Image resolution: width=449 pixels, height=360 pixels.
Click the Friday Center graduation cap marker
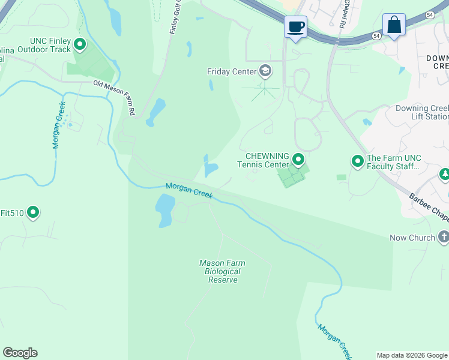pyautogui.click(x=265, y=71)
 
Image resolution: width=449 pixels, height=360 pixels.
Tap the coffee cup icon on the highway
pyautogui.click(x=295, y=27)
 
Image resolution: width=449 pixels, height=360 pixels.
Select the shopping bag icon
pyautogui.click(x=394, y=25)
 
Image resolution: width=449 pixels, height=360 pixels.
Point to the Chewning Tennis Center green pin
pyautogui.click(x=298, y=160)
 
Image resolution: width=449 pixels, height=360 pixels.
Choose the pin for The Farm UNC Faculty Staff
pyautogui.click(x=358, y=161)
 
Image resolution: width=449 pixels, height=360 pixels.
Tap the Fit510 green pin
pyautogui.click(x=34, y=212)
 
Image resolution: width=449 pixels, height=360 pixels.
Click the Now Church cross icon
pyautogui.click(x=444, y=237)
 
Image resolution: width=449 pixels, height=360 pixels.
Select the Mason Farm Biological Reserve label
pyautogui.click(x=223, y=272)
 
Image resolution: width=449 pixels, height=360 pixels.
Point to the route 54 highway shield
pyautogui.click(x=375, y=37)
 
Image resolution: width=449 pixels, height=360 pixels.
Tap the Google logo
pyautogui.click(x=20, y=353)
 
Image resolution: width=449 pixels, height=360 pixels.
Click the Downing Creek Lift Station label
pyautogui.click(x=422, y=113)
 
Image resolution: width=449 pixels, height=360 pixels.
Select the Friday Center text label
pyautogui.click(x=231, y=71)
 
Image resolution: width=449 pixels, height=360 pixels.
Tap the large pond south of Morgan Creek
pyautogui.click(x=164, y=210)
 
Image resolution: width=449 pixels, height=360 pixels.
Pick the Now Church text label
pyautogui.click(x=412, y=238)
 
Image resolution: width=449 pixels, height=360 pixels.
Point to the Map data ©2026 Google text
pyautogui.click(x=412, y=355)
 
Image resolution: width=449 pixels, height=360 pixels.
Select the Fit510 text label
pyautogui.click(x=11, y=212)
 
